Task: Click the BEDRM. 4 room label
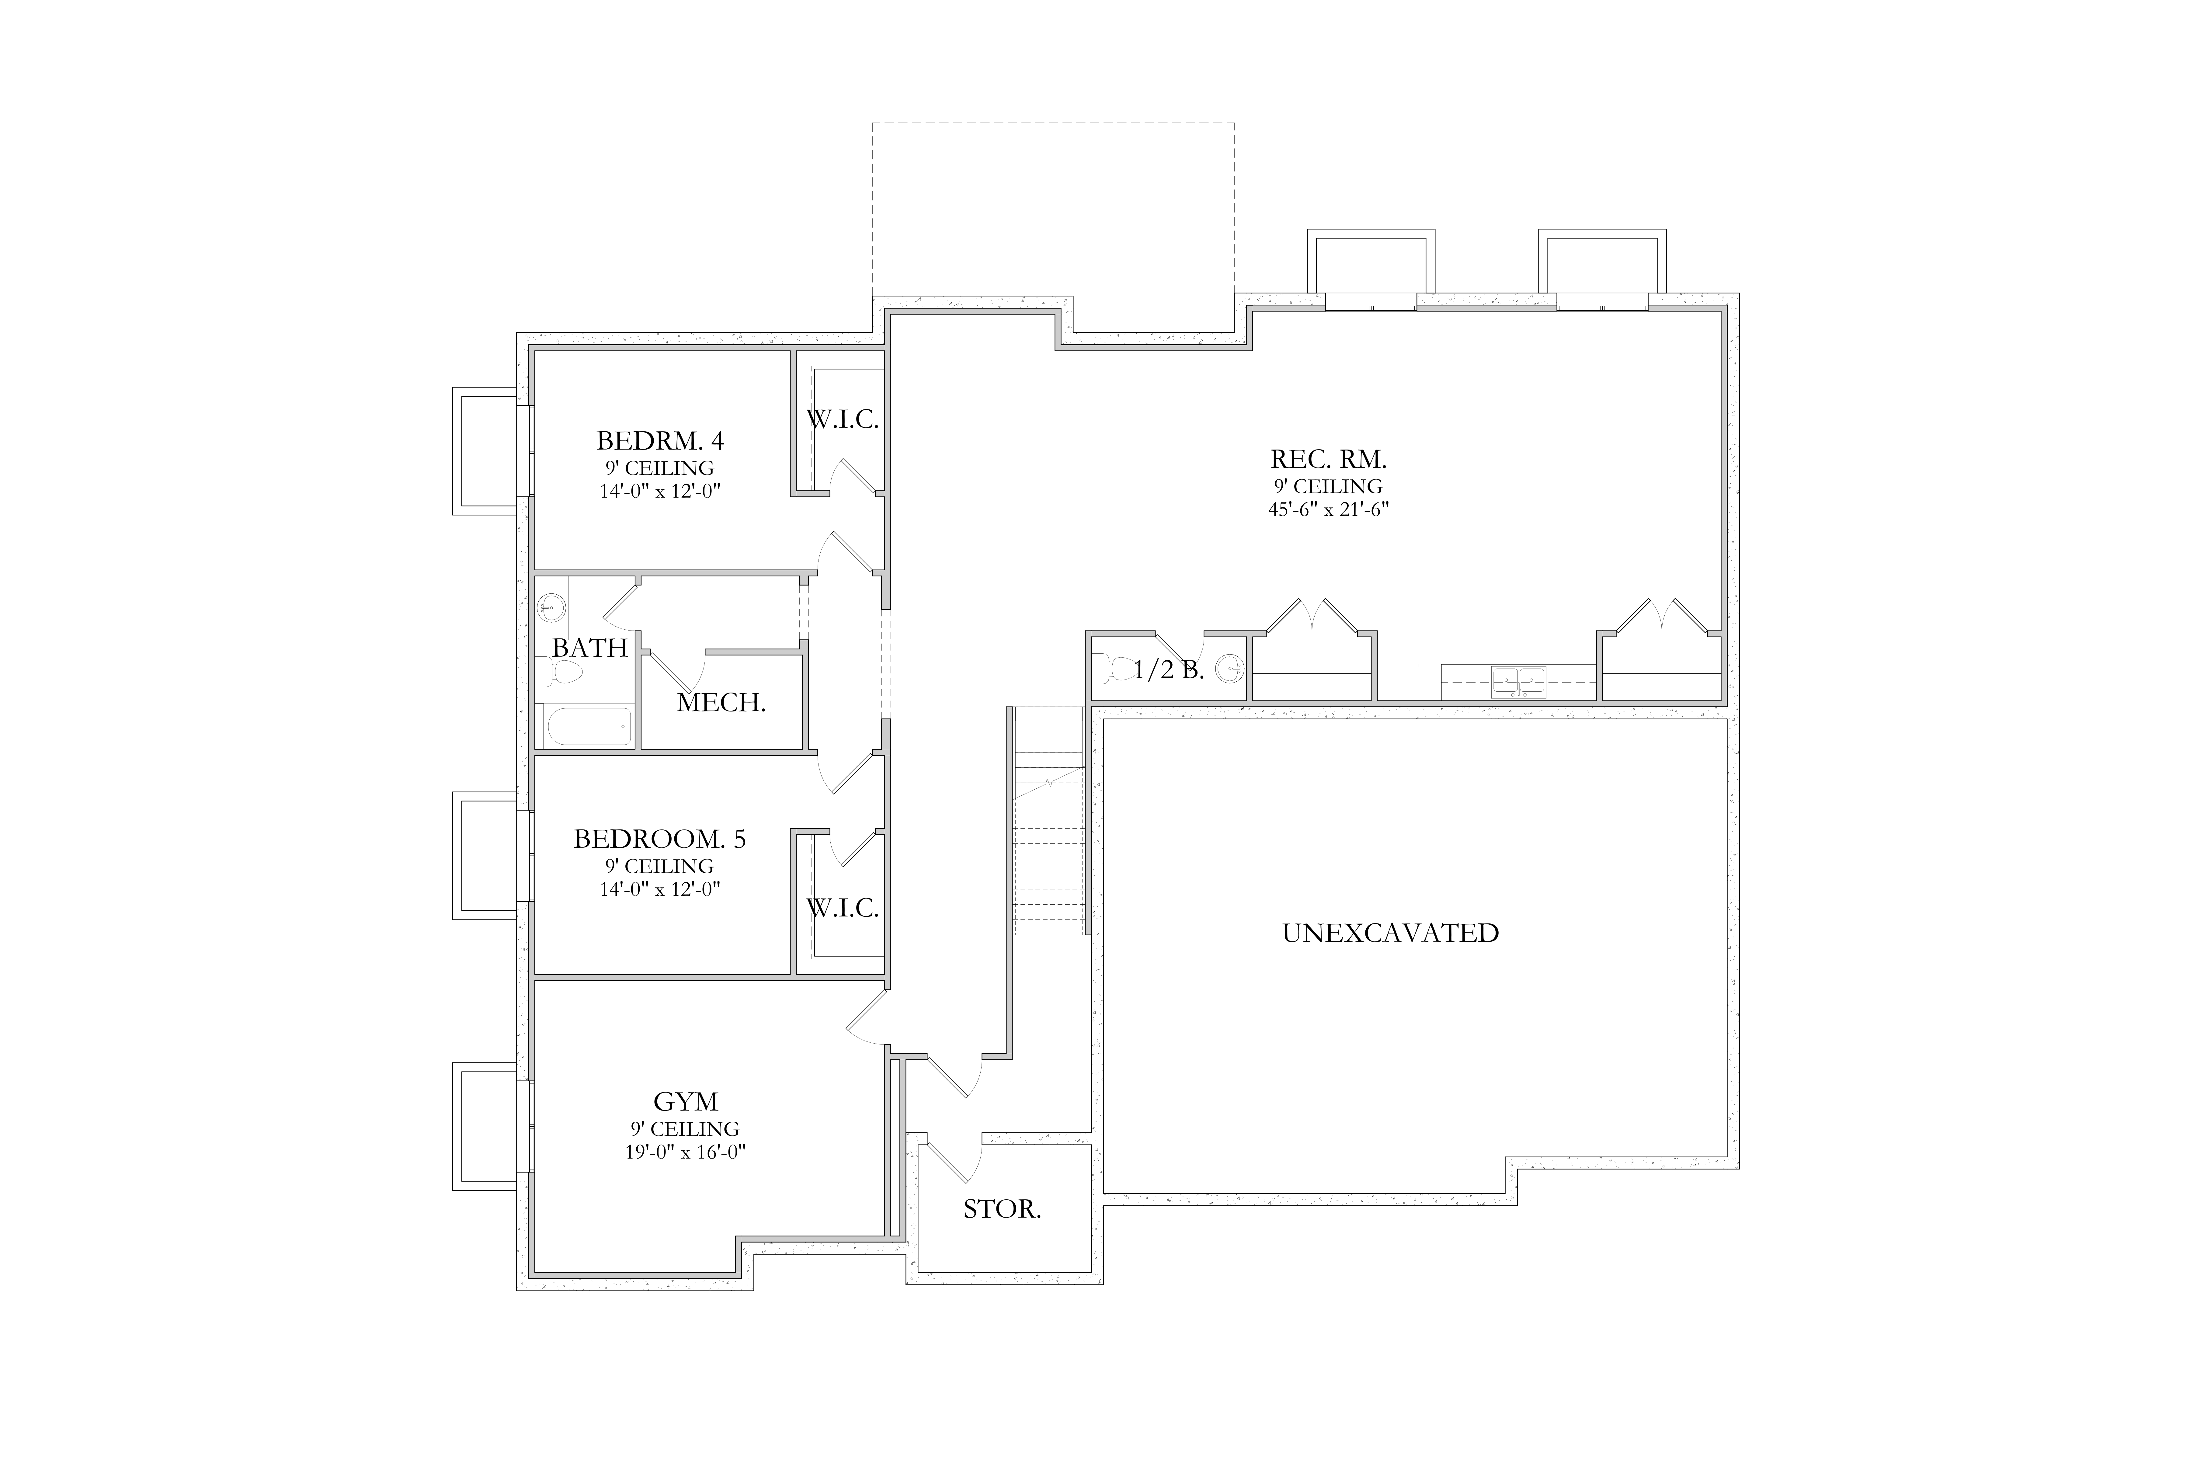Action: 660,440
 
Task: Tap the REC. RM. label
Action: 1329,459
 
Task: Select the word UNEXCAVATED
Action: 1390,933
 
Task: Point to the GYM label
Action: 685,1101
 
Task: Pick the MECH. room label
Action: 721,703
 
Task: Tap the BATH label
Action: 589,648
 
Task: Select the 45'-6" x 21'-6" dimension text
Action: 1329,509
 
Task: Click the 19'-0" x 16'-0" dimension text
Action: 685,1152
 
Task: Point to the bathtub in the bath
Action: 589,726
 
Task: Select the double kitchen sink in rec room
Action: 1519,682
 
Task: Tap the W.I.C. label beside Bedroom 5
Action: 842,908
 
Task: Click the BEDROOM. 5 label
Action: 659,839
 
